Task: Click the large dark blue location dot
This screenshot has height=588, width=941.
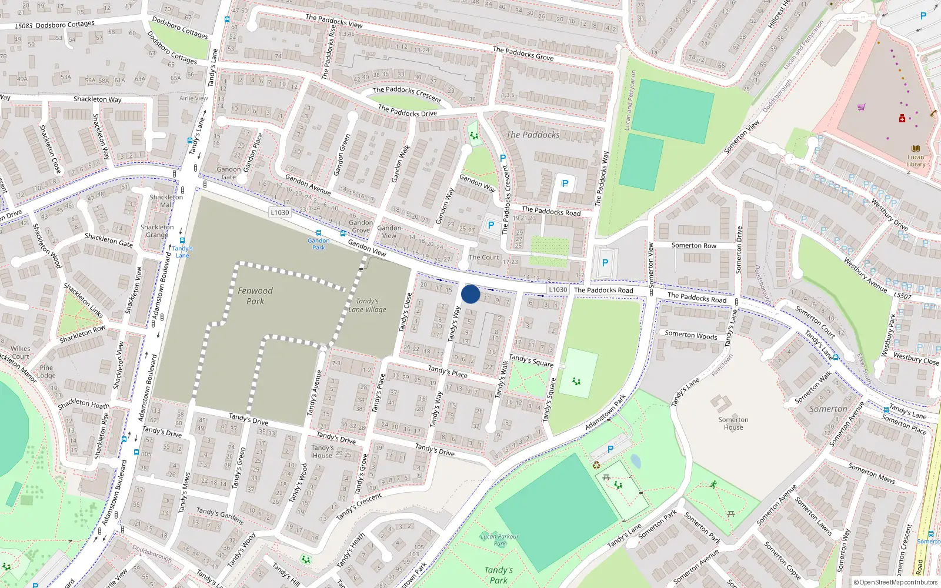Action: pyautogui.click(x=470, y=294)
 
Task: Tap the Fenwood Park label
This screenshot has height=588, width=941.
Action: pyautogui.click(x=255, y=296)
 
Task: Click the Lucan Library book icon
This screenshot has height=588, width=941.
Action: pyautogui.click(x=915, y=149)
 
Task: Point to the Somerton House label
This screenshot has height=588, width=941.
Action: pyautogui.click(x=733, y=423)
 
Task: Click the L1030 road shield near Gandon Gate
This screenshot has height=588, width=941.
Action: pyautogui.click(x=280, y=212)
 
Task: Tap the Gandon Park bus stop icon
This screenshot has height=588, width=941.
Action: pyautogui.click(x=319, y=233)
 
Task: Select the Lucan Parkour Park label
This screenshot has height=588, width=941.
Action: pyautogui.click(x=499, y=539)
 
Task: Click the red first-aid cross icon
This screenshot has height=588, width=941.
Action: pyautogui.click(x=902, y=119)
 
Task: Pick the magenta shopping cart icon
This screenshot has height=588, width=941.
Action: pyautogui.click(x=862, y=107)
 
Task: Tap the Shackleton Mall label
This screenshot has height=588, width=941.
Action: pyautogui.click(x=166, y=201)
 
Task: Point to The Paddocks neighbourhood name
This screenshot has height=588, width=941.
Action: pyautogui.click(x=533, y=135)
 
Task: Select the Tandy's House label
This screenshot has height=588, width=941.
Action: pyautogui.click(x=322, y=452)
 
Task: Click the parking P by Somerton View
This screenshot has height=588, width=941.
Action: pyautogui.click(x=605, y=263)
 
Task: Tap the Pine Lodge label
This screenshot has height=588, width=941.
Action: pyautogui.click(x=46, y=372)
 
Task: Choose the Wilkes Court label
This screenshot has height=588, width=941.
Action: pyautogui.click(x=20, y=352)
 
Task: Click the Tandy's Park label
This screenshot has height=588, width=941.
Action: pyautogui.click(x=499, y=574)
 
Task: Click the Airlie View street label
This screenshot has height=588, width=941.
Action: pyautogui.click(x=193, y=98)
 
